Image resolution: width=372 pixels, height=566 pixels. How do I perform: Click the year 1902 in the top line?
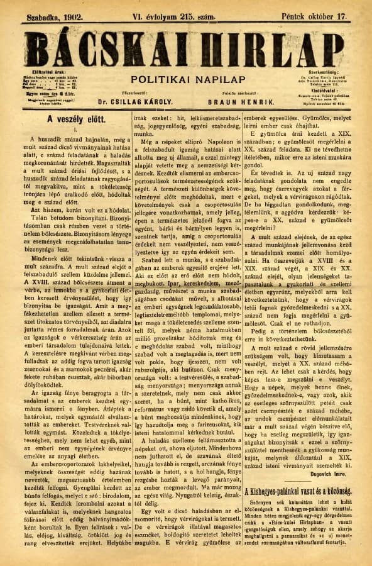pos(70,11)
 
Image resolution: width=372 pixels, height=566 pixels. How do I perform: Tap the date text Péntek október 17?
pos(320,11)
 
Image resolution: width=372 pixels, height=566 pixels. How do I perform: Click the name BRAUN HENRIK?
pos(232,101)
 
